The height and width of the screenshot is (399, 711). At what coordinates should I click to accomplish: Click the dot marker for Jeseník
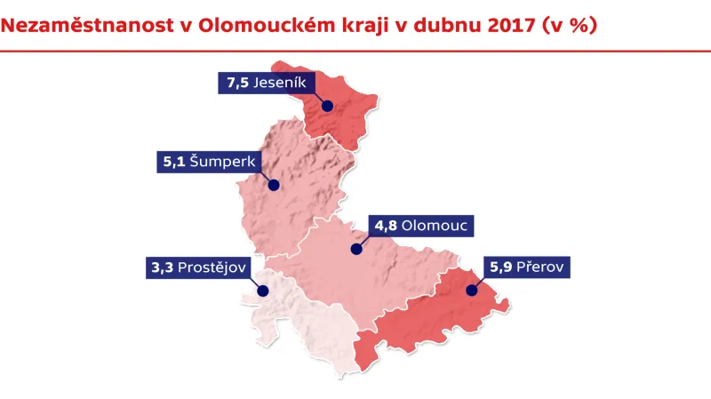point(327,106)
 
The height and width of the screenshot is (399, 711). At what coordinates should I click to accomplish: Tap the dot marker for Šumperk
point(274,186)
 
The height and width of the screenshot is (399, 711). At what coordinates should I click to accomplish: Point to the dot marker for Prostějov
point(263,290)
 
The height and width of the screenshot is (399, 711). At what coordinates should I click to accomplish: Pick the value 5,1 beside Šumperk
point(172,163)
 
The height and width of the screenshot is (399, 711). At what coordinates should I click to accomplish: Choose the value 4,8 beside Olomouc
point(385,226)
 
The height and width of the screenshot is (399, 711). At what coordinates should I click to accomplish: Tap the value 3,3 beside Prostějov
point(161,267)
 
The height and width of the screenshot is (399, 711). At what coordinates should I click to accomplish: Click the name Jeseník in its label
point(279,83)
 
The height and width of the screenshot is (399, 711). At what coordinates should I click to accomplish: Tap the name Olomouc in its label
point(435,226)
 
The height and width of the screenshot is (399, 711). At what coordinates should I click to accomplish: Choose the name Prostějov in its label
point(212,267)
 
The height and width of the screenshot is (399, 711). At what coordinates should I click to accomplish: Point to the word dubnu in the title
point(436,25)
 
